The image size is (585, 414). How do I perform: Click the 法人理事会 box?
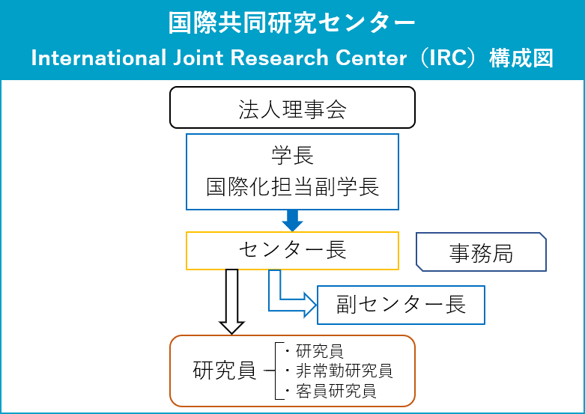coord(292,107)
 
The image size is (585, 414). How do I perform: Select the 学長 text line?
coord(292,156)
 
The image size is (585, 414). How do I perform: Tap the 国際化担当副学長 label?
coord(292,186)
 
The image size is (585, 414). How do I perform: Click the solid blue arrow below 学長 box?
coord(292,220)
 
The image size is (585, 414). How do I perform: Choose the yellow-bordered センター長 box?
coord(292,251)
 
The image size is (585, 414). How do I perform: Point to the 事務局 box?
coord(482,252)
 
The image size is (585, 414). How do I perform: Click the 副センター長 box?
coord(401,305)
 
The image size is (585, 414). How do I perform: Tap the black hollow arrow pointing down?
coord(231,302)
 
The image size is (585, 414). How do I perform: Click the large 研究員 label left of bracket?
coord(225,371)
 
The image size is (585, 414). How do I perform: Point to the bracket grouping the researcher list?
coord(276,371)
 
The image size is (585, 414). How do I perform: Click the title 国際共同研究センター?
coord(292,22)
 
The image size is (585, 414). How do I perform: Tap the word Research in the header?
coord(279,58)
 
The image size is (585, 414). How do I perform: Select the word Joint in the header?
coord(198,58)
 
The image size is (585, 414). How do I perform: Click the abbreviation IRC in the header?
coord(448,58)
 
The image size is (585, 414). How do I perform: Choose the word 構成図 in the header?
coord(521,58)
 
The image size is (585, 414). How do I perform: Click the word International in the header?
coord(98,58)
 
